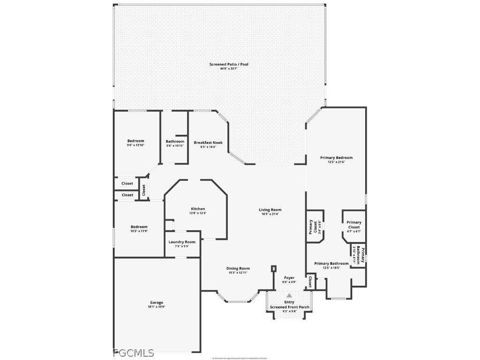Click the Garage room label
tap(157, 302)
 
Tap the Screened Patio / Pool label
tap(229, 64)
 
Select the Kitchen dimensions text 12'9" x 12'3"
tap(198, 213)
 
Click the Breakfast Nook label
tap(208, 142)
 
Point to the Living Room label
tap(270, 210)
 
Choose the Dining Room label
tap(238, 269)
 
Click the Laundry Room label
tap(182, 242)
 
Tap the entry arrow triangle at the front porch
tap(289, 295)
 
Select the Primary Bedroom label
tap(336, 157)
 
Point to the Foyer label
tap(289, 277)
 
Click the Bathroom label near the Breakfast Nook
tap(175, 142)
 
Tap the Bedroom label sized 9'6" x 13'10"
tap(135, 141)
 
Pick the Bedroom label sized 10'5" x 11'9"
tap(139, 227)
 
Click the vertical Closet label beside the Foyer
tap(310, 282)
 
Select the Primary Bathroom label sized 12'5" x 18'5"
tap(331, 263)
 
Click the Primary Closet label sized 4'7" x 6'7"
tap(354, 225)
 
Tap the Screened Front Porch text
tap(289, 307)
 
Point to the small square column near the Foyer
tap(274, 269)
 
